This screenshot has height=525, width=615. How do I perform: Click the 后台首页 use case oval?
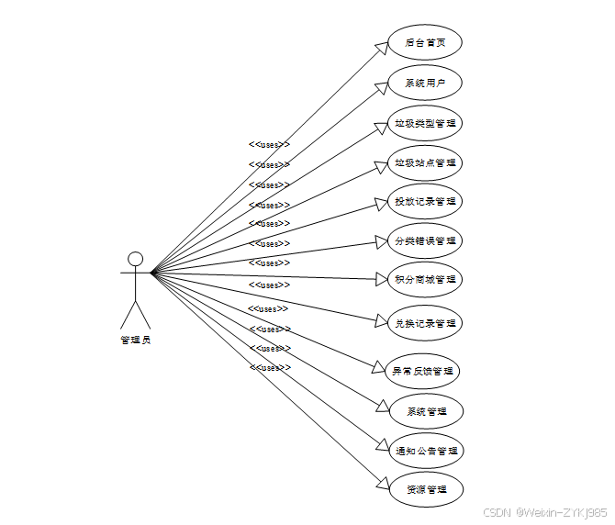(424, 42)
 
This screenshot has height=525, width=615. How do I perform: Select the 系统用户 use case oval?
(424, 83)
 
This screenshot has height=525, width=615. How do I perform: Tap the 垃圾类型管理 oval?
(424, 123)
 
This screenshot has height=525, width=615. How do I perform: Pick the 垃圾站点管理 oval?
(424, 163)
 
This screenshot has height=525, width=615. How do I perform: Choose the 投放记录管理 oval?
(424, 202)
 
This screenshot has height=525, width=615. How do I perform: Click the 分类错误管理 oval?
(424, 241)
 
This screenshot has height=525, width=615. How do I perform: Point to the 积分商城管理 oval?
(424, 279)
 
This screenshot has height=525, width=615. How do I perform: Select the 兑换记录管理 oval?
(424, 323)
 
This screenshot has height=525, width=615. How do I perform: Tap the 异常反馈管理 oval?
(423, 372)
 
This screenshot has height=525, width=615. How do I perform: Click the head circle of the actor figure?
(136, 258)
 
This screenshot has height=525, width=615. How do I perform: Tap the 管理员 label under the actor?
(136, 340)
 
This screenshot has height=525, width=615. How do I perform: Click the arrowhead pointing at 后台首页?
(385, 47)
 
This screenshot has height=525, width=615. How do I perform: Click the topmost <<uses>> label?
(269, 144)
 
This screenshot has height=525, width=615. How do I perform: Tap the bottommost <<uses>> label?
(269, 367)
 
